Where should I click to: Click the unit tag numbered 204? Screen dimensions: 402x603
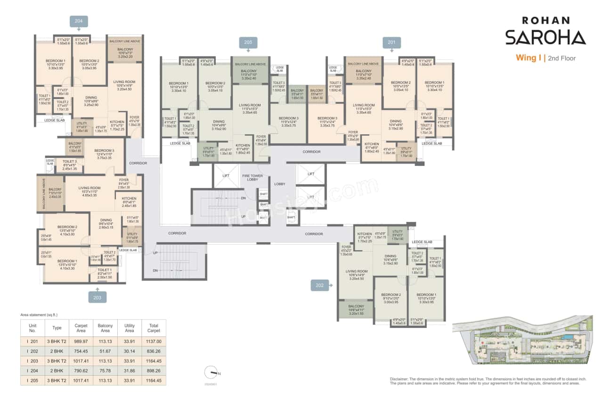[x=78, y=21]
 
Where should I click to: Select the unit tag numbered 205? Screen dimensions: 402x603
[x=248, y=42]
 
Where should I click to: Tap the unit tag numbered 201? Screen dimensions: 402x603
[x=391, y=42]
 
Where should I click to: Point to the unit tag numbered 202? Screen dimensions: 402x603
[x=319, y=285]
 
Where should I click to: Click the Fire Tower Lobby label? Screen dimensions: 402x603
[x=253, y=178]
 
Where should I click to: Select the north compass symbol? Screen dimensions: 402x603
[x=211, y=373]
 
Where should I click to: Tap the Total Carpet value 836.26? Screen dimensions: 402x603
[x=154, y=351]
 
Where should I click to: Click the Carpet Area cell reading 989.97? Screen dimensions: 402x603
[x=81, y=341]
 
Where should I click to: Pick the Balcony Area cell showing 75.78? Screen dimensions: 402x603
[x=105, y=371]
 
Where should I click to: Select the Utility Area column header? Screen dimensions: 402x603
[x=130, y=328]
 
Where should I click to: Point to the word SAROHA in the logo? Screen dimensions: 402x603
[x=546, y=37]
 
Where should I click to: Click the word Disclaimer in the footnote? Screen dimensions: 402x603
[x=401, y=379]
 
